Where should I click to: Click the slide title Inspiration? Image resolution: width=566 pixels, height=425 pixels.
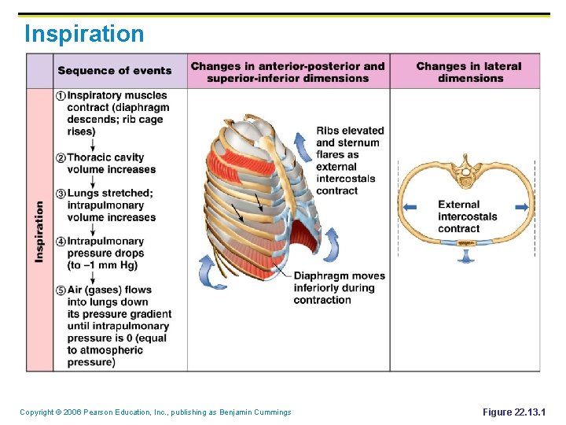click(x=84, y=35)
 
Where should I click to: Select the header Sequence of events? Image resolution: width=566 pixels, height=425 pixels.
click(x=114, y=71)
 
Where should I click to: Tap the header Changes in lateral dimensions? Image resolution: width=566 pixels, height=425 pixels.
click(x=469, y=72)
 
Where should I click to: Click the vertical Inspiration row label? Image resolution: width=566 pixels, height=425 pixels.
click(x=39, y=231)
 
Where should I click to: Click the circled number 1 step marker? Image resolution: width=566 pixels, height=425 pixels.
click(x=61, y=96)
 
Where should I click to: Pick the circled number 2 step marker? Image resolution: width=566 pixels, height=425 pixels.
click(x=61, y=157)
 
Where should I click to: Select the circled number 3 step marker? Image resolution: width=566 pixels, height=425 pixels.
click(x=61, y=194)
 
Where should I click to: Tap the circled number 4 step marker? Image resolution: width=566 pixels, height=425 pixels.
click(x=61, y=242)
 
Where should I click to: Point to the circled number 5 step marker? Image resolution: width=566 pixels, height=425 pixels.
click(x=61, y=290)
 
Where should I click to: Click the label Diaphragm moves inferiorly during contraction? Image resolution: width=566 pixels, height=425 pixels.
click(x=340, y=288)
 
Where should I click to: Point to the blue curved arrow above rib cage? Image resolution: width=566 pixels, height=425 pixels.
click(x=300, y=146)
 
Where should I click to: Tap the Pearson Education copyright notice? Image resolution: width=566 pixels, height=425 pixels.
click(x=155, y=412)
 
